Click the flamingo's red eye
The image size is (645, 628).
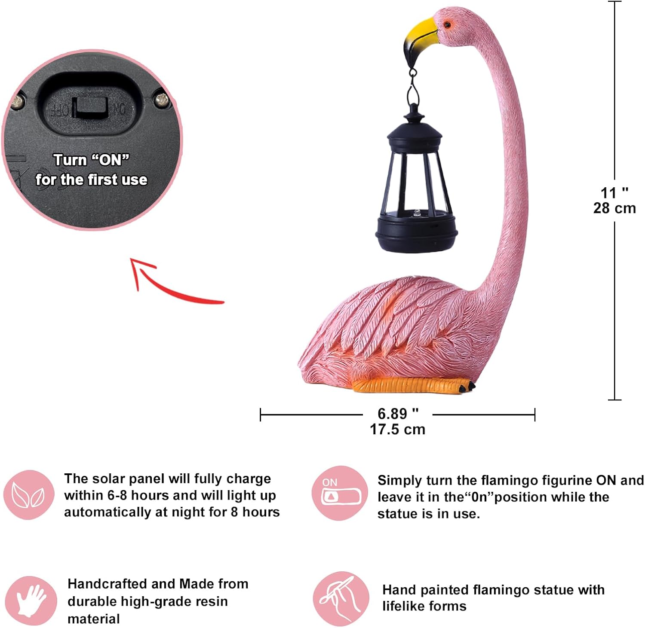pyautogui.click(x=447, y=24)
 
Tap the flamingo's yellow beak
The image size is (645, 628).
pyautogui.click(x=421, y=33)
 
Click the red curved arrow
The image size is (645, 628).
pyautogui.click(x=172, y=284)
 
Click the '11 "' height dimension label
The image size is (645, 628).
pyautogui.click(x=614, y=192)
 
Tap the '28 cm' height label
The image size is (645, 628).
pyautogui.click(x=614, y=208)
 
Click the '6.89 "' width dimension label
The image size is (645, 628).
pyautogui.click(x=398, y=414)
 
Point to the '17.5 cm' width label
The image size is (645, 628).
pyautogui.click(x=398, y=429)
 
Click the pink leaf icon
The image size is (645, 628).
pyautogui.click(x=29, y=495)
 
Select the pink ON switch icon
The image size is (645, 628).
pyautogui.click(x=340, y=493)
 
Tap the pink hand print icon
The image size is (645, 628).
pyautogui.click(x=31, y=601)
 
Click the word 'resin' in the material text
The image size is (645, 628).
pyautogui.click(x=211, y=601)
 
